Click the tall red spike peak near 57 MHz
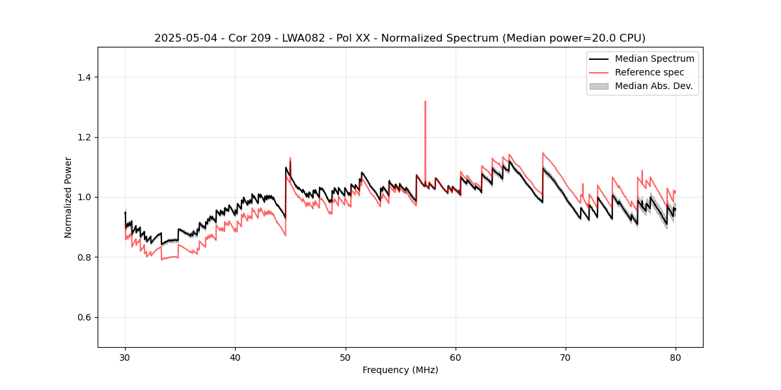click(425, 101)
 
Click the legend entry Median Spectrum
click(654, 58)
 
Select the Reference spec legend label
click(650, 72)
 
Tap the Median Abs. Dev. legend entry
click(654, 86)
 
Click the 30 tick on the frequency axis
click(125, 357)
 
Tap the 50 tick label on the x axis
click(346, 357)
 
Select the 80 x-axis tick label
click(676, 357)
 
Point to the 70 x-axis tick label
click(566, 357)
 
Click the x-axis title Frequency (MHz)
click(400, 370)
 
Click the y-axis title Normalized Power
click(68, 197)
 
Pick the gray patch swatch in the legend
click(599, 86)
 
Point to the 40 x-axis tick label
click(235, 357)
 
